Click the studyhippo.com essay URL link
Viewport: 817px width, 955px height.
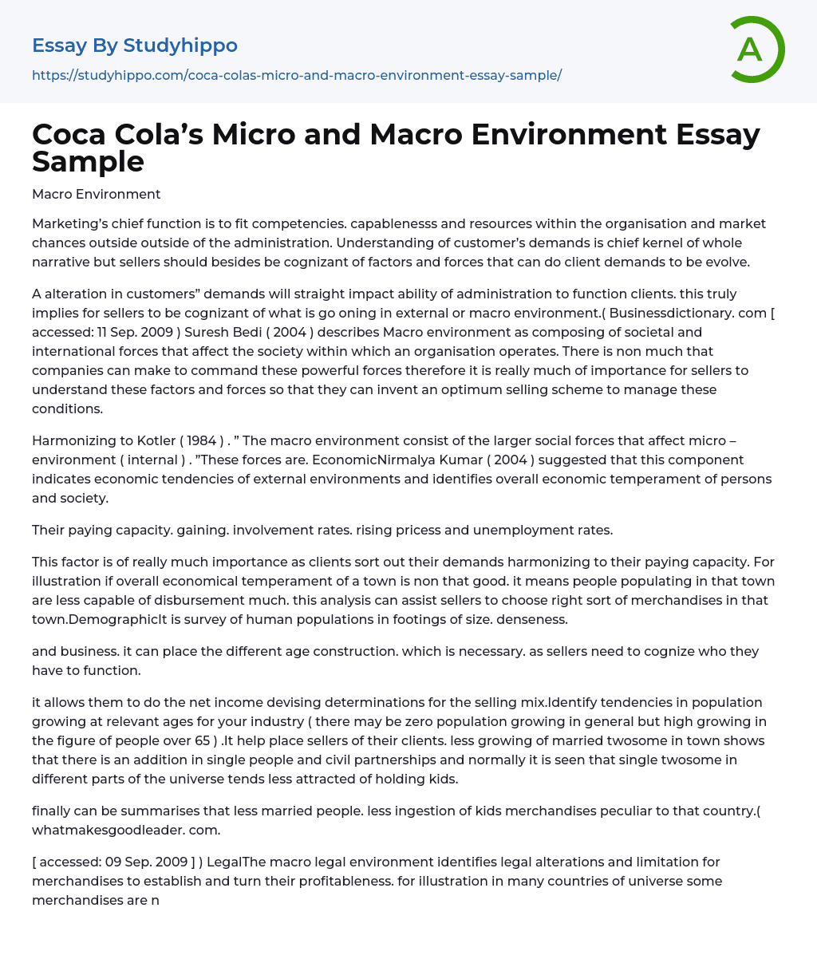[297, 75]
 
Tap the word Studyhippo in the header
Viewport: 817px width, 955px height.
[180, 45]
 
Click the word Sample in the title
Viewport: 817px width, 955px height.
[88, 161]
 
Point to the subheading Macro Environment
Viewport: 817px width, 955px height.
[96, 194]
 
